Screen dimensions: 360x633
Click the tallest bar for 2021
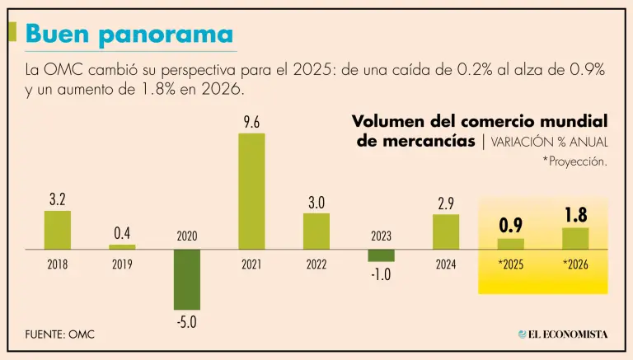coord(251,191)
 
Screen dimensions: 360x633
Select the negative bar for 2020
coord(187,278)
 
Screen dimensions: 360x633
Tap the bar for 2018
coord(57,230)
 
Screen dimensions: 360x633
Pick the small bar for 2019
coord(122,246)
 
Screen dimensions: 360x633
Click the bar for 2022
coord(316,231)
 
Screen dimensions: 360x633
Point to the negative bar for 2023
coord(381,255)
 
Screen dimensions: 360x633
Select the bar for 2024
coord(445,231)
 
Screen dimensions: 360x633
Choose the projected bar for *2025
coord(510,243)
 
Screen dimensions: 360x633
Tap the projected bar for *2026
coord(575,238)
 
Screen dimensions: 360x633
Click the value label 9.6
coord(251,124)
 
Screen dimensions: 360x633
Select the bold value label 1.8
coord(575,216)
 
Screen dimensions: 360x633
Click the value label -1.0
coord(380,274)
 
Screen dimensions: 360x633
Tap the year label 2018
coord(57,265)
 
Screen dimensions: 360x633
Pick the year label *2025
coord(510,265)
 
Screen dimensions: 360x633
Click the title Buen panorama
coord(128,34)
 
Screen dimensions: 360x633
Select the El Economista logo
coord(563,334)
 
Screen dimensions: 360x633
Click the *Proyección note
coord(574,161)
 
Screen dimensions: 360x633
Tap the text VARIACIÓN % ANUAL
coord(550,142)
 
